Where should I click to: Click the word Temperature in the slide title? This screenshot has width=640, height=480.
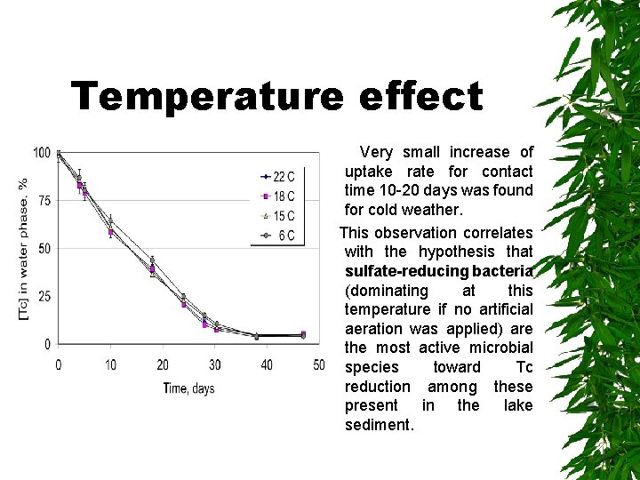coord(204,96)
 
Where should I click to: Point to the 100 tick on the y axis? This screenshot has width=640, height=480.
coord(42,153)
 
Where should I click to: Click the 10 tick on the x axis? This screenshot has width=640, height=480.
coord(110,365)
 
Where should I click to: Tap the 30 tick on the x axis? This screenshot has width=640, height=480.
coord(214,365)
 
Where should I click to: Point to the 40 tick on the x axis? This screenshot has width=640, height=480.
coord(267,365)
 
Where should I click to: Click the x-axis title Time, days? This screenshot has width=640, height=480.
coord(188,388)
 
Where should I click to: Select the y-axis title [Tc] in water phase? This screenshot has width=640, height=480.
coord(24,249)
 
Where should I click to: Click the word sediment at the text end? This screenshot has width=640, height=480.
coord(378,425)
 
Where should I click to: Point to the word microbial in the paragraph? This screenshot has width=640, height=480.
coord(499,348)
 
